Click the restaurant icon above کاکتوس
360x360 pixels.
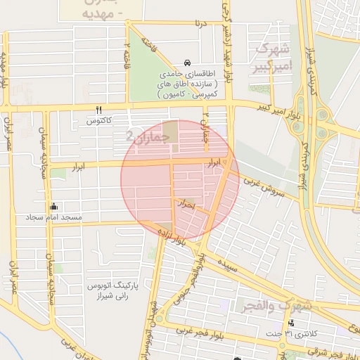pos(98,110)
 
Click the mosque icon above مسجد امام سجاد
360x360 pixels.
pos(53,207)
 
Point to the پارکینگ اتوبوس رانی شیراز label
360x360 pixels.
pos(113,292)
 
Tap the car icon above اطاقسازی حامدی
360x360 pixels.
pos(186,62)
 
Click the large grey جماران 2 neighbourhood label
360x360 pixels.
pos(148,136)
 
